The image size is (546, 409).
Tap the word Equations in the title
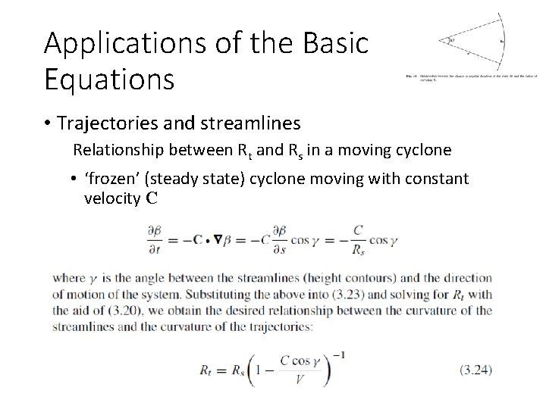click(109, 78)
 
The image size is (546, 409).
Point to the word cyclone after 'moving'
click(425, 150)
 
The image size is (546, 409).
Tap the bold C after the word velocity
click(152, 199)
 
